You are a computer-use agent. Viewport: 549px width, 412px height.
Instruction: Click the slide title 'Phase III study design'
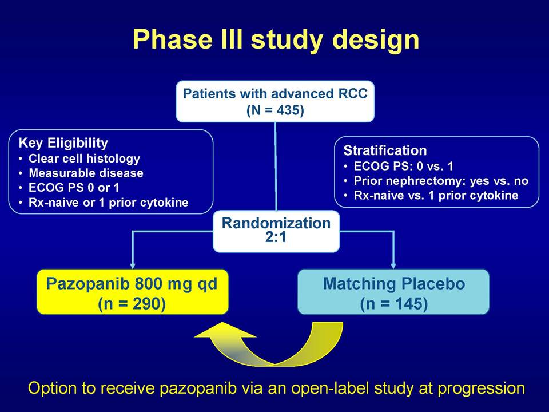(x=276, y=39)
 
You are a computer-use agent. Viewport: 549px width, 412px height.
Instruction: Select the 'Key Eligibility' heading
(x=63, y=143)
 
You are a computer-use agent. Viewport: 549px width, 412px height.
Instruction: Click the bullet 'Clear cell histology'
(x=84, y=159)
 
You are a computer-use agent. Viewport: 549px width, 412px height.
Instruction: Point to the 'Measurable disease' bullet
(x=86, y=173)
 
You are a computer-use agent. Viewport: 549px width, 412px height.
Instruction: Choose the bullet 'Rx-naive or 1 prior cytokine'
(x=109, y=203)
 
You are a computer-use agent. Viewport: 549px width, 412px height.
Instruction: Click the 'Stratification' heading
(x=385, y=150)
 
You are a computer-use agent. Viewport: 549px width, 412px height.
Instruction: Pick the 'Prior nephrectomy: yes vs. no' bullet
(x=441, y=181)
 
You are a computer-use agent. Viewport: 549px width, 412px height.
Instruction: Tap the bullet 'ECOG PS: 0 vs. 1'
(x=403, y=166)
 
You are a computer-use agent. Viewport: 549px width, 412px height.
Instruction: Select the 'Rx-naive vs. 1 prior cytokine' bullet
(x=436, y=196)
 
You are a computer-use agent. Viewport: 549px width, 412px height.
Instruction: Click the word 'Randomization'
(x=276, y=223)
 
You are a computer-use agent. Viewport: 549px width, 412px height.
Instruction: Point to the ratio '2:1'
(x=276, y=237)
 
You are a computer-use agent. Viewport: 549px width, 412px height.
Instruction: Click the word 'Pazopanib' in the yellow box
(x=88, y=284)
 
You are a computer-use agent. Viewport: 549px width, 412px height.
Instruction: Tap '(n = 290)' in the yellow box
(x=132, y=303)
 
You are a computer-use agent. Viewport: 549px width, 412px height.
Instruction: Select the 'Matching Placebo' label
(x=394, y=284)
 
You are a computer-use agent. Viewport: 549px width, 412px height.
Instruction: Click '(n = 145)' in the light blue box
(x=394, y=304)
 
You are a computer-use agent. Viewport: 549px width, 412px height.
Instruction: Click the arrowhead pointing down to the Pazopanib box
(x=132, y=266)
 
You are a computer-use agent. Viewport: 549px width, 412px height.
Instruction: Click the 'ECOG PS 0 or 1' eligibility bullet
(x=74, y=188)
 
